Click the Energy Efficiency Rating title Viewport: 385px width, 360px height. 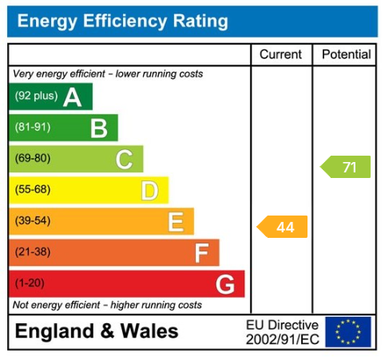[122, 22]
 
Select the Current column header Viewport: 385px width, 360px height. [281, 55]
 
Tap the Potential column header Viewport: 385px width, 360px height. [346, 55]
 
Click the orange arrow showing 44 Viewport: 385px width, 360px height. [283, 227]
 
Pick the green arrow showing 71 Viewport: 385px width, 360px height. [347, 168]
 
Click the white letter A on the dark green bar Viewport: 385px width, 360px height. [73, 97]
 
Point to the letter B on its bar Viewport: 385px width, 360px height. [98, 128]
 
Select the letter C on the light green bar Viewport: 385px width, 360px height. [124, 159]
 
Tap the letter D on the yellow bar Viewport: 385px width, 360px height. [149, 190]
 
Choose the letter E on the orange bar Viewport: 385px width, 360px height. [175, 221]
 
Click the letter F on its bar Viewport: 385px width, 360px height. [201, 253]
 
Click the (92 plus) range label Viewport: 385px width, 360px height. [35, 97]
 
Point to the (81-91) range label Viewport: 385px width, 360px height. [33, 128]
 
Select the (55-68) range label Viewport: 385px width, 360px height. [33, 190]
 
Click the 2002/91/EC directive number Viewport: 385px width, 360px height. [282, 339]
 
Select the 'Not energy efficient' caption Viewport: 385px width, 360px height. [107, 305]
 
